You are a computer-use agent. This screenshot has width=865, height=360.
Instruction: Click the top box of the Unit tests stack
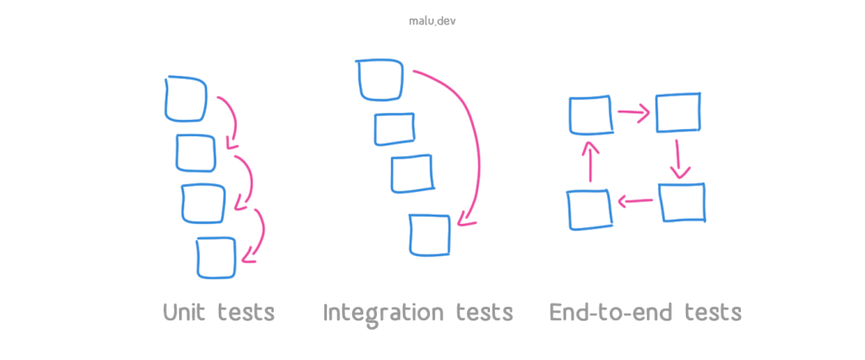point(186,98)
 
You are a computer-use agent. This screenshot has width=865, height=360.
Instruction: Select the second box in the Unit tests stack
point(196,152)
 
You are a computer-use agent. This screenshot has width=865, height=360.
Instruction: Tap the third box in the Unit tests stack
point(204,203)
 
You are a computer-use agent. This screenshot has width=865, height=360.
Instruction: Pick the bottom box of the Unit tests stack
point(216,257)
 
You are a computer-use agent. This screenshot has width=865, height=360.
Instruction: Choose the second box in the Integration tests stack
point(394,128)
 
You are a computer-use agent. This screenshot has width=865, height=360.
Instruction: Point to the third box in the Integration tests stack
point(412,173)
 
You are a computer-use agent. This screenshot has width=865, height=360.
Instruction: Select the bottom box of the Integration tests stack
point(429,234)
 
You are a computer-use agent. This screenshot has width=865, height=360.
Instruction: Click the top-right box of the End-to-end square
point(678,112)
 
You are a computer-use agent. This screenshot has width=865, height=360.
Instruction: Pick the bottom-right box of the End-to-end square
point(681,203)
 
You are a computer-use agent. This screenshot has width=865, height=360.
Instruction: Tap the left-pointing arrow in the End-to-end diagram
point(634,201)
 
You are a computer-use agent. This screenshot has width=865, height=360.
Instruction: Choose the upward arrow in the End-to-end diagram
point(591,161)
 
